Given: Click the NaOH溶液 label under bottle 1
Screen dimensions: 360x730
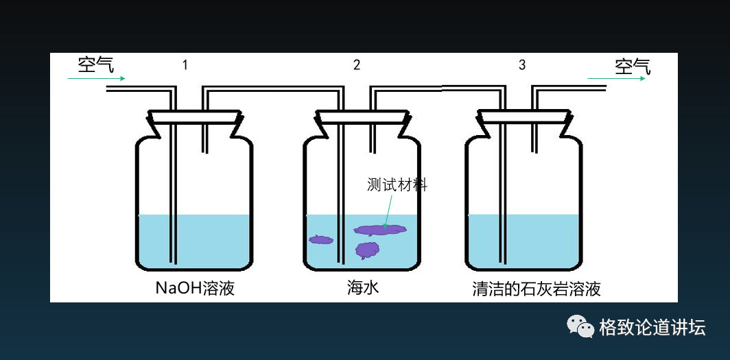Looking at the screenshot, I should tap(195, 288).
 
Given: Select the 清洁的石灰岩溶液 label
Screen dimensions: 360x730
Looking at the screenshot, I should tap(537, 289).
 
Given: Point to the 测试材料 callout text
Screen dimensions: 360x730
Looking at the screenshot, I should tap(397, 184).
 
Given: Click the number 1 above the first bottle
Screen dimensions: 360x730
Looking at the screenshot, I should tap(185, 65).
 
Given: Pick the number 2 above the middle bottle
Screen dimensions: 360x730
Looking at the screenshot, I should tap(357, 65).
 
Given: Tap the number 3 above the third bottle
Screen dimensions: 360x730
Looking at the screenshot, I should tap(522, 65).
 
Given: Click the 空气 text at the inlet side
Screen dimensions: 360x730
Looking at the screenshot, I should tap(95, 65).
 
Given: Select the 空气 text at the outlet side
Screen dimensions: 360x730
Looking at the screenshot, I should tap(632, 67).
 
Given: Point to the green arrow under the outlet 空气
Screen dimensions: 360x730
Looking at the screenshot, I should tap(616, 79).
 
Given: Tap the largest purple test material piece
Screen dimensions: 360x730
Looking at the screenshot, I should tap(380, 230).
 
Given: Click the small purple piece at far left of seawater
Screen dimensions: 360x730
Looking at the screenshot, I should tap(320, 239).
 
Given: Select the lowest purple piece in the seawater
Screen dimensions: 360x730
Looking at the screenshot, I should tap(368, 250).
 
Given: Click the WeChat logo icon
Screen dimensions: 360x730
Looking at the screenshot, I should tap(580, 327).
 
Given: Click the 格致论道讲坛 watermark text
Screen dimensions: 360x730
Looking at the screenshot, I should tap(652, 328).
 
